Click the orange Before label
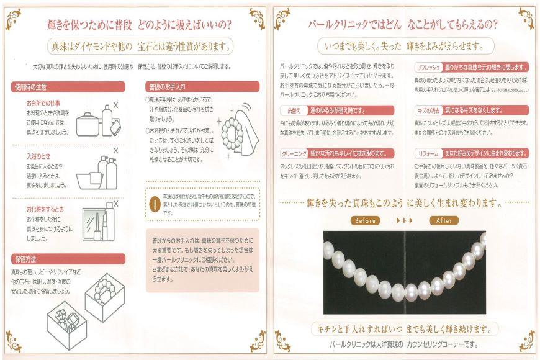click(366, 220)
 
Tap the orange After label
click(444, 220)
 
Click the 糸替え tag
click(291, 110)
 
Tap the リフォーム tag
click(428, 153)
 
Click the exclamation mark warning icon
click(154, 204)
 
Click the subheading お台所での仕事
click(43, 103)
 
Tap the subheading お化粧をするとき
click(45, 209)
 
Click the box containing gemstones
click(65, 320)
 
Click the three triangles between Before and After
click(404, 220)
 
